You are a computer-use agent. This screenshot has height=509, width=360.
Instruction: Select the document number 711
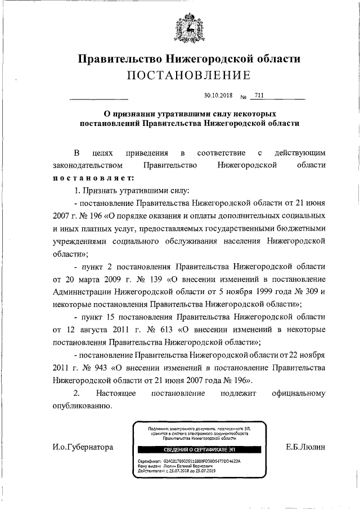259,95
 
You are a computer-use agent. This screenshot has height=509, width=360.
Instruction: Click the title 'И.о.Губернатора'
80,447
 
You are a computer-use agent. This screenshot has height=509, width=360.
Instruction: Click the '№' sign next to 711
243,97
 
